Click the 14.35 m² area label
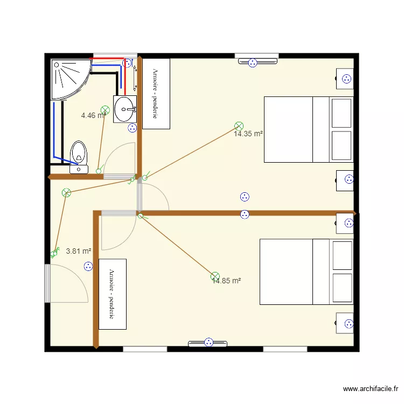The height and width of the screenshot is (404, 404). (248, 134)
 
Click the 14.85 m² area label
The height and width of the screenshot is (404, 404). (227, 281)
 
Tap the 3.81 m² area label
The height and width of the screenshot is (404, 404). (78, 250)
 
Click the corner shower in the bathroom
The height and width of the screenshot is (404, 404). (69, 78)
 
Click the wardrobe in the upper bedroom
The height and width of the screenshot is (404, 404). (156, 93)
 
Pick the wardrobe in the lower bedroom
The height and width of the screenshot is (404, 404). (113, 294)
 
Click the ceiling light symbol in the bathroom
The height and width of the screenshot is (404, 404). (105, 110)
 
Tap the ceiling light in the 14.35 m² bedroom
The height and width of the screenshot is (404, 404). (239, 126)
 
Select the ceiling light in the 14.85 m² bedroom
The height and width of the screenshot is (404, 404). (215, 277)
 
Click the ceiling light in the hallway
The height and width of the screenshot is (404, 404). (66, 192)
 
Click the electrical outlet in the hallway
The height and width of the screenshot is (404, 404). (88, 266)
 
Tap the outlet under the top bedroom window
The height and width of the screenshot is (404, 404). (252, 62)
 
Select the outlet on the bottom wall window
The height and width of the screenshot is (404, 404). (208, 342)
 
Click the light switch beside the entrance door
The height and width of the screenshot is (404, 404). (54, 253)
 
